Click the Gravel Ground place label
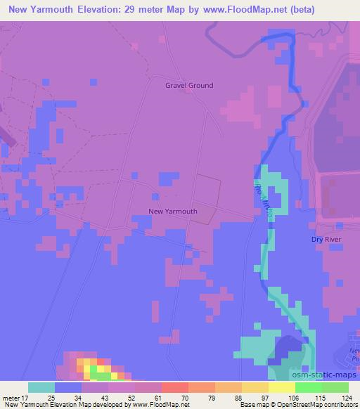coord(189,86)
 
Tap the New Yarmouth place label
coord(173,211)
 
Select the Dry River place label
coord(326,240)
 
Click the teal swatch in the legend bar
coord(41,387)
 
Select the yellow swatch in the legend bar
coord(281,387)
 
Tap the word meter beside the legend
coord(11,397)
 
